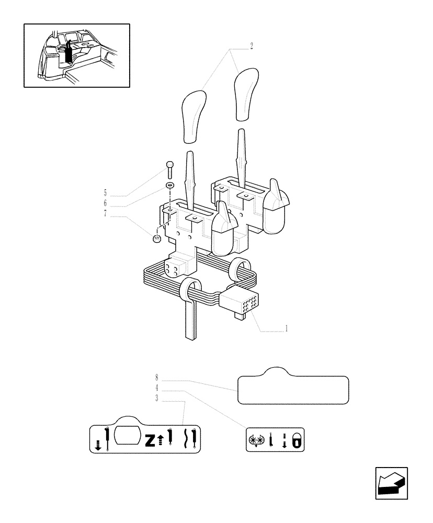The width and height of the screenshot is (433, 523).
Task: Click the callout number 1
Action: pos(286,329)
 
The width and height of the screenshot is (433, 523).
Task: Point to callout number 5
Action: pos(105,192)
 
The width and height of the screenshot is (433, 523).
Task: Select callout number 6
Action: pos(105,202)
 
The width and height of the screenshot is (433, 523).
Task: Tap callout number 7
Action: pos(105,213)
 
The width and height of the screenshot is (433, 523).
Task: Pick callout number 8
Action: pos(156,377)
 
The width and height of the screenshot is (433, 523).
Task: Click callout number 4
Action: pos(156,388)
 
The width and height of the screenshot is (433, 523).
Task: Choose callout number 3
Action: pos(156,399)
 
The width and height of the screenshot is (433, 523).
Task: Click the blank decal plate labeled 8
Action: pos(293,389)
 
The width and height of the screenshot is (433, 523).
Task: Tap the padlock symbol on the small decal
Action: pos(296,441)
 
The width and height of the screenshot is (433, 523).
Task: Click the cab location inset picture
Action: pos(77,55)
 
